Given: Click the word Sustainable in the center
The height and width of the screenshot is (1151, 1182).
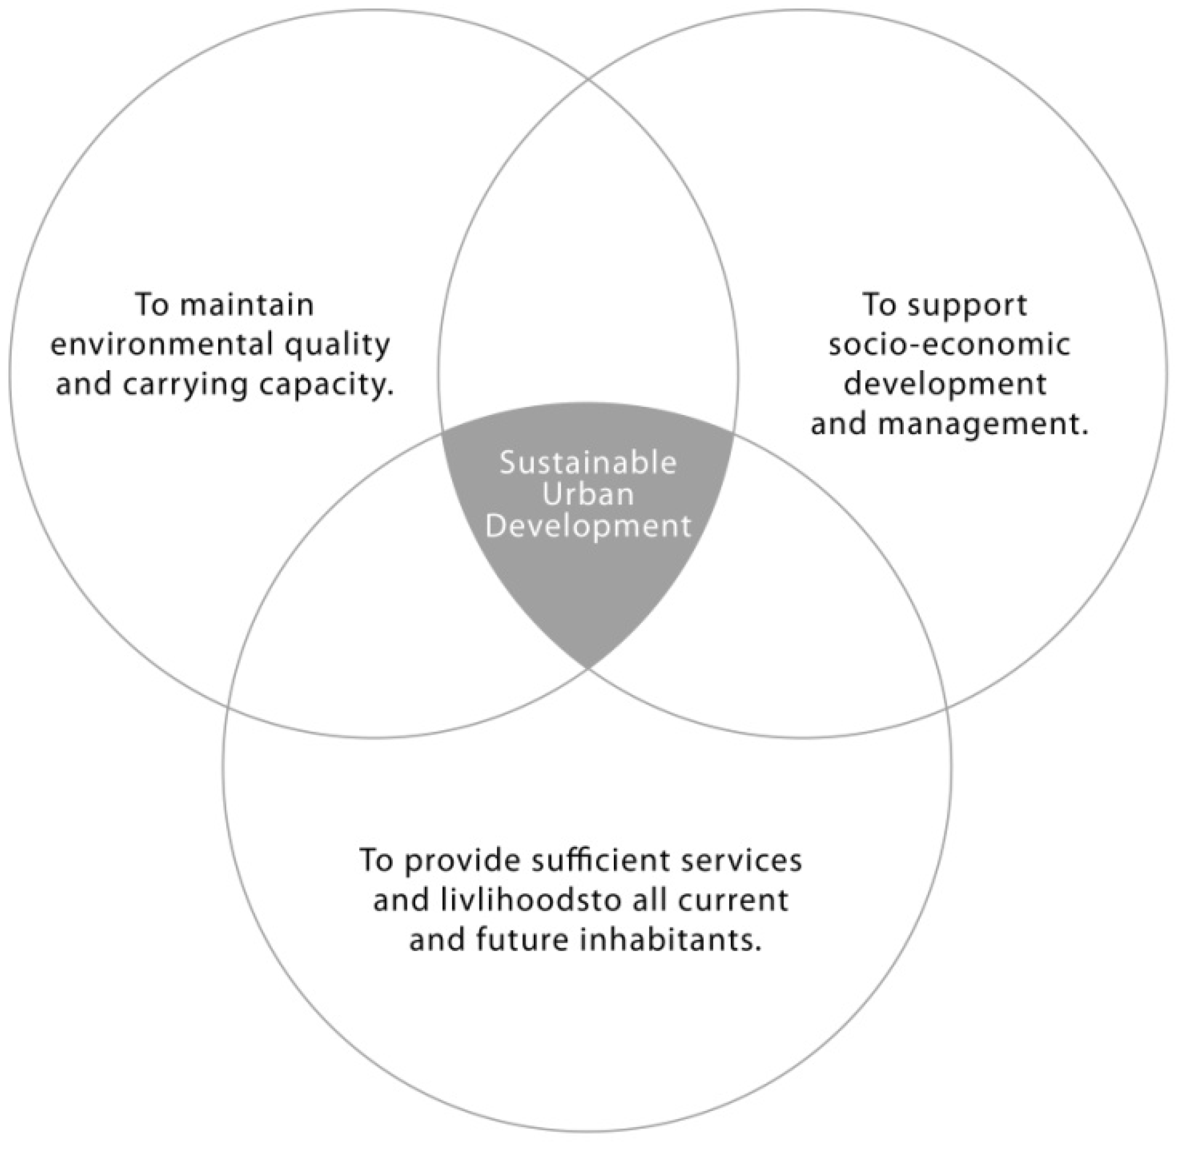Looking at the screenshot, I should click(587, 463).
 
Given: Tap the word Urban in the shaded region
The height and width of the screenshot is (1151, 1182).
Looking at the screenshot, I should click(587, 495).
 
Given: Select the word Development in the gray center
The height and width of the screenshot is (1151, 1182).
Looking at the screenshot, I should click(587, 526).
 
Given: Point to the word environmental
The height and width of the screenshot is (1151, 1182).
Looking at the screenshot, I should click(162, 345).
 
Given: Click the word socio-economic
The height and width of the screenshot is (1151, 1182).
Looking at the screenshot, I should click(949, 345).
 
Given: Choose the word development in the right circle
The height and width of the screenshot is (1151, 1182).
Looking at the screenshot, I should click(945, 385).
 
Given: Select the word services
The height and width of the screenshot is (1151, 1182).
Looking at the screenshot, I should click(750, 861).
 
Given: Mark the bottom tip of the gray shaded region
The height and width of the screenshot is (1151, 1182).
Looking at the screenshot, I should click(588, 667).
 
